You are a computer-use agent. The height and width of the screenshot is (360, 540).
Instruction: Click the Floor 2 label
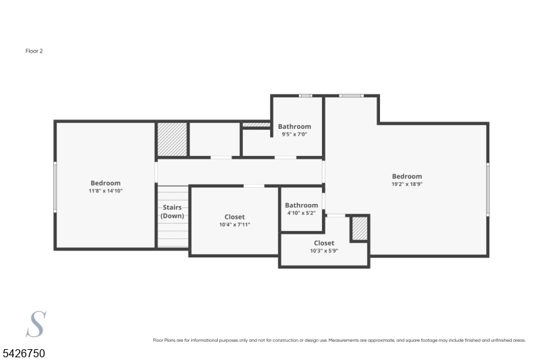pyautogui.click(x=34, y=51)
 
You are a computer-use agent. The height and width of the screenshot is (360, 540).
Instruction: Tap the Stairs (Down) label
pyautogui.click(x=172, y=211)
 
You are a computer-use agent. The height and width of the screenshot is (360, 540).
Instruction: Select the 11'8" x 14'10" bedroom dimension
pyautogui.click(x=106, y=191)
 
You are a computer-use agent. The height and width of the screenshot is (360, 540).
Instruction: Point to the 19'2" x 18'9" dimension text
pyautogui.click(x=407, y=184)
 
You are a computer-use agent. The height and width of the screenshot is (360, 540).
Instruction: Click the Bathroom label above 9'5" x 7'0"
pyautogui.click(x=294, y=126)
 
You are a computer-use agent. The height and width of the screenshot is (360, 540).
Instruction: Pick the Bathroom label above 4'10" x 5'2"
pyautogui.click(x=301, y=205)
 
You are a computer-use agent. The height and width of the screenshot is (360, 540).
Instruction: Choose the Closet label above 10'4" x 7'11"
pyautogui.click(x=234, y=217)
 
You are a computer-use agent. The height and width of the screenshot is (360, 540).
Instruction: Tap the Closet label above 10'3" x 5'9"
pyautogui.click(x=324, y=243)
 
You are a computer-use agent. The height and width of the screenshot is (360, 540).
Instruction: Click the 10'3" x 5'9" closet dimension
pyautogui.click(x=324, y=251)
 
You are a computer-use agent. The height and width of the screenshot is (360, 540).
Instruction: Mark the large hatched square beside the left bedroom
pyautogui.click(x=172, y=139)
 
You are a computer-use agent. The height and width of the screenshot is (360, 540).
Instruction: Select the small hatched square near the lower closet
pyautogui.click(x=360, y=228)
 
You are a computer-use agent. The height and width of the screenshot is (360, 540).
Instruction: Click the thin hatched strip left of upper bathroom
pyautogui.click(x=256, y=125)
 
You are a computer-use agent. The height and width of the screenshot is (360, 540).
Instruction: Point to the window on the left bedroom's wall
pyautogui.click(x=55, y=186)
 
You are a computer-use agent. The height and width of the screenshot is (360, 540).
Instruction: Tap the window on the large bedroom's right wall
pyautogui.click(x=487, y=189)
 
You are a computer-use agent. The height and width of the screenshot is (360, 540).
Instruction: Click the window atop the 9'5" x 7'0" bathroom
pyautogui.click(x=305, y=96)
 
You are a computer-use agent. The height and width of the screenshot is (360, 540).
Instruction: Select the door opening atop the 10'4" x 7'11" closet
pyautogui.click(x=254, y=186)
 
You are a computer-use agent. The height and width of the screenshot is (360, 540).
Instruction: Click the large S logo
pyautogui.click(x=36, y=324)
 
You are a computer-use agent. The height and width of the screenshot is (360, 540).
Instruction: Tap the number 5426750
pyautogui.click(x=24, y=353)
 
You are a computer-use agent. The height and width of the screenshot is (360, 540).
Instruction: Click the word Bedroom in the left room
pyautogui.click(x=106, y=183)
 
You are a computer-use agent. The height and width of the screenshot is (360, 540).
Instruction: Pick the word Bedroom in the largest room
pyautogui.click(x=407, y=176)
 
